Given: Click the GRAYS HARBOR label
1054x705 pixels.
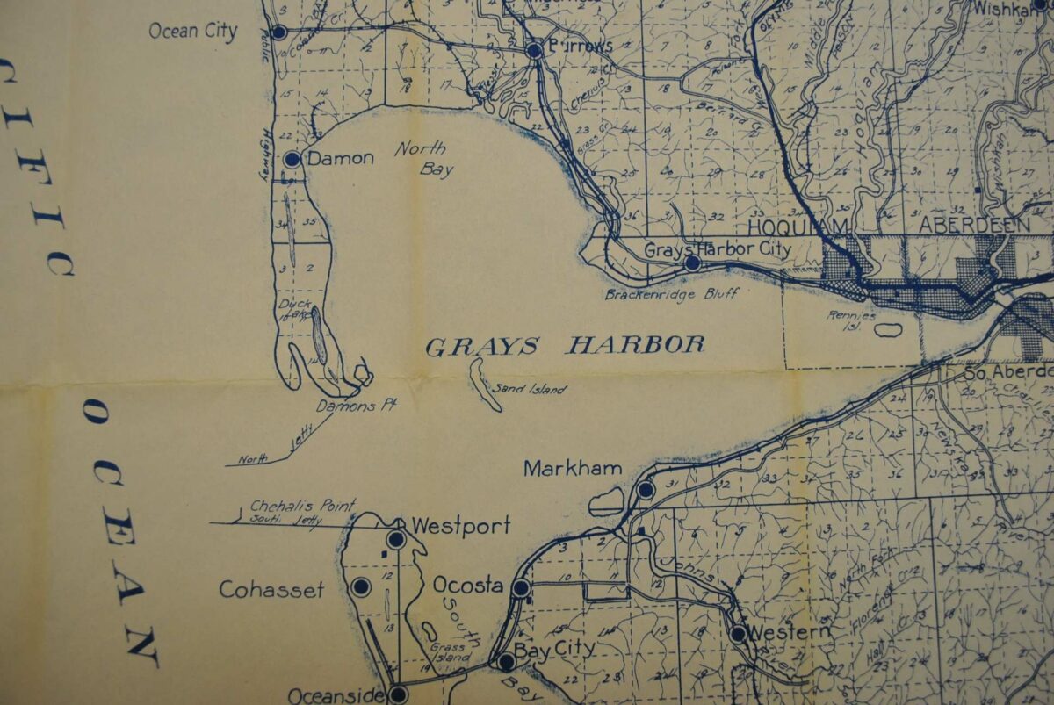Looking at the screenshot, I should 565,345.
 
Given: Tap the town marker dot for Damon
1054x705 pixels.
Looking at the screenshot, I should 292,159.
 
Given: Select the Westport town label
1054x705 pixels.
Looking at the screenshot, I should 460,527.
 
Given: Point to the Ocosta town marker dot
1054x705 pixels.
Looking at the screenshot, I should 521,588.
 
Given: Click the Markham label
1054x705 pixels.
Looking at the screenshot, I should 573,469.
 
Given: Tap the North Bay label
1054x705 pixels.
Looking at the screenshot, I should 420,158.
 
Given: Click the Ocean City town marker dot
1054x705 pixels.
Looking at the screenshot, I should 279,32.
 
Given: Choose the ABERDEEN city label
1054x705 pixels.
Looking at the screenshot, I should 974,225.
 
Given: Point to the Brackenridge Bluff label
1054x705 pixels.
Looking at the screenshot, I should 671,295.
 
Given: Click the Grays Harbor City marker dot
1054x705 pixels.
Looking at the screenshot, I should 692,262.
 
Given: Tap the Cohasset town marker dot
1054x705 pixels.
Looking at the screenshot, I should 359,586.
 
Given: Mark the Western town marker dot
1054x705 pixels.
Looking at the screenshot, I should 738,633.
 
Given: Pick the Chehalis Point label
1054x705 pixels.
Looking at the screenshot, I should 303,506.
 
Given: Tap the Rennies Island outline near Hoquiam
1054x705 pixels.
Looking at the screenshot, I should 888,330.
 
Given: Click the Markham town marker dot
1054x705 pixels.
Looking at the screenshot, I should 646,490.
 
